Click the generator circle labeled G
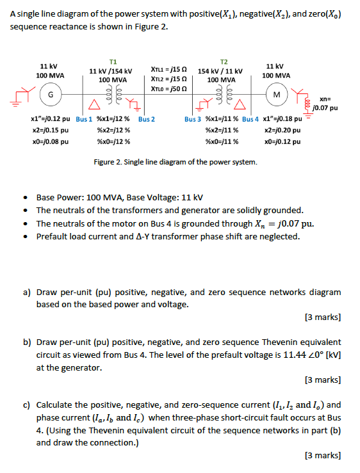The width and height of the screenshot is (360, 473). pyautogui.click(x=49, y=95)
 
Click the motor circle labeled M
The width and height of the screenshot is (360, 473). pyautogui.click(x=277, y=95)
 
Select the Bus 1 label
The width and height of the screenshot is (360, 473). pyautogui.click(x=85, y=119)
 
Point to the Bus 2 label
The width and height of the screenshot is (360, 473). pyautogui.click(x=147, y=119)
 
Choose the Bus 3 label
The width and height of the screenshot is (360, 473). pyautogui.click(x=193, y=119)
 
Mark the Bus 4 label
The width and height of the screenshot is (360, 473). pyautogui.click(x=250, y=119)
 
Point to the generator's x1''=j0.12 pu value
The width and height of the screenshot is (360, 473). pyautogui.click(x=51, y=119)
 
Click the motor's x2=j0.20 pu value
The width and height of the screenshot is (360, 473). pyautogui.click(x=282, y=130)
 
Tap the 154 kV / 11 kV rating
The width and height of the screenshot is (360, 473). pyautogui.click(x=220, y=70)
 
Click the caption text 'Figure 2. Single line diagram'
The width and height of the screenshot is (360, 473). pyautogui.click(x=176, y=161)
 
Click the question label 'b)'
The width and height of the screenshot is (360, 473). pyautogui.click(x=28, y=342)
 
